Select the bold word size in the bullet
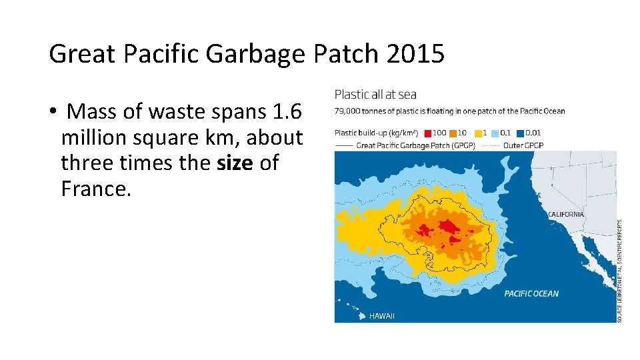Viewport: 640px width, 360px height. click(235, 163)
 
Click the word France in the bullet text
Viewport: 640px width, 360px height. click(96, 189)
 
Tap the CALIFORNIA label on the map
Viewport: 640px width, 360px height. click(565, 215)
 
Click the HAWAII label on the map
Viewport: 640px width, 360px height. click(382, 316)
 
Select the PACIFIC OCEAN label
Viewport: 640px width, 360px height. click(531, 293)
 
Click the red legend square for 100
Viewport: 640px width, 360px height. click(427, 133)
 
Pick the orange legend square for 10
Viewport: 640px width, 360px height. click(455, 133)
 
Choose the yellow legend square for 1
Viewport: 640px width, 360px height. click(478, 133)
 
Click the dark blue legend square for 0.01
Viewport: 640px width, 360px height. click(520, 133)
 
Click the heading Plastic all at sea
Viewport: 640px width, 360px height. click(375, 95)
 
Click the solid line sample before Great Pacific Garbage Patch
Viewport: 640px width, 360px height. click(344, 145)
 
